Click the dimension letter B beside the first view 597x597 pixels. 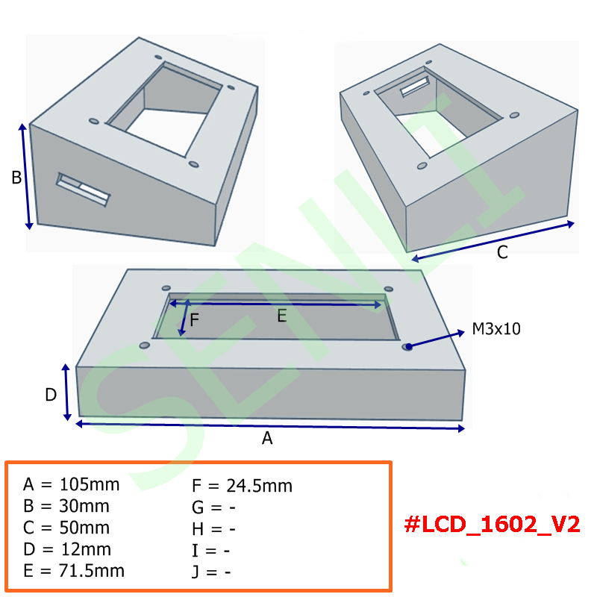coord(16,178)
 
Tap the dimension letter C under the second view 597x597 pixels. coord(502,252)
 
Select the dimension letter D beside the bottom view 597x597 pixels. coord(51,395)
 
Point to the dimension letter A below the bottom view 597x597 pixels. coord(267,438)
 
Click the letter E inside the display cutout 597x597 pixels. coord(282,316)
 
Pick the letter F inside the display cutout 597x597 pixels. coord(194,320)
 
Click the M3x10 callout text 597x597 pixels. coord(496,329)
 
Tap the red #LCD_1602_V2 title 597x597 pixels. coord(492,525)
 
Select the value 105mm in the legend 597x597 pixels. coord(90,484)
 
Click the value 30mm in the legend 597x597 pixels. coord(84,507)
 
